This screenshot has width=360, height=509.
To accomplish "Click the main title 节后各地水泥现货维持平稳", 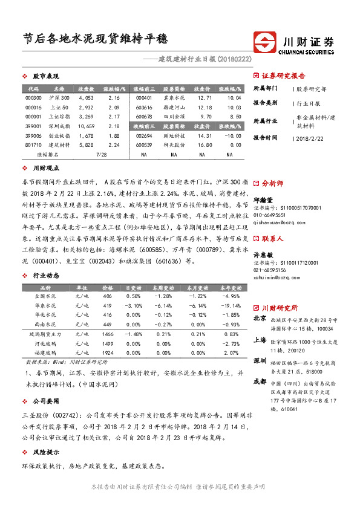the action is tap(97, 40).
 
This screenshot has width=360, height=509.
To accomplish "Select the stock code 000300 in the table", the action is tap(34, 97).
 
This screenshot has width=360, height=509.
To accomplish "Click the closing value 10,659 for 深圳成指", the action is tap(86, 126).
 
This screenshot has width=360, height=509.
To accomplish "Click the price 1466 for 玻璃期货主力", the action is tap(108, 334).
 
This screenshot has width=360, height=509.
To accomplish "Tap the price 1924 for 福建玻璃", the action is tap(108, 352).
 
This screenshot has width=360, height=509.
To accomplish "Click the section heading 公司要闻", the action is tap(46, 401).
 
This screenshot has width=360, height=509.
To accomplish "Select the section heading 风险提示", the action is tap(46, 452).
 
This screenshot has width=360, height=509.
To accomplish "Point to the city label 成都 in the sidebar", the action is tap(260, 381).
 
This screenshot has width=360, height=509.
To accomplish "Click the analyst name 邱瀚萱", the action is tap(263, 199).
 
